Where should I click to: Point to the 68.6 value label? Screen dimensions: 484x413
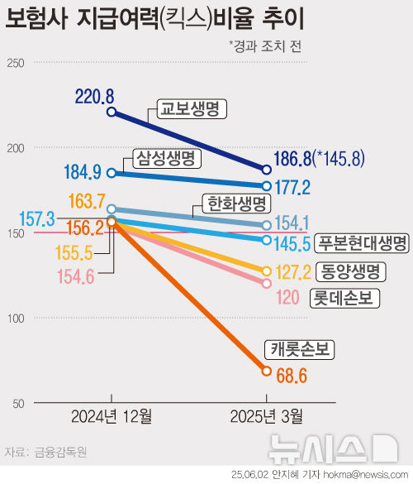[292, 376]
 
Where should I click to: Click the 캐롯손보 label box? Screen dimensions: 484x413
[298, 350]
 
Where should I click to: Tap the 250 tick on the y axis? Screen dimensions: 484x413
[16, 62]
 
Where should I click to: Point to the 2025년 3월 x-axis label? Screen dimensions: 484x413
[267, 414]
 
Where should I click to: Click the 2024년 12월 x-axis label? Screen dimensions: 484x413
[112, 414]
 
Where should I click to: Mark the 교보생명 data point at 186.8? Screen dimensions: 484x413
[267, 168]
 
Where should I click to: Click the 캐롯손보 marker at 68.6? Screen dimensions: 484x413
[267, 371]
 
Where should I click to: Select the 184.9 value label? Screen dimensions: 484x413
[83, 173]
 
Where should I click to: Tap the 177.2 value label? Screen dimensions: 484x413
[292, 188]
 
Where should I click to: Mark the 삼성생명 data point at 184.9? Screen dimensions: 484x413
[112, 173]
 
